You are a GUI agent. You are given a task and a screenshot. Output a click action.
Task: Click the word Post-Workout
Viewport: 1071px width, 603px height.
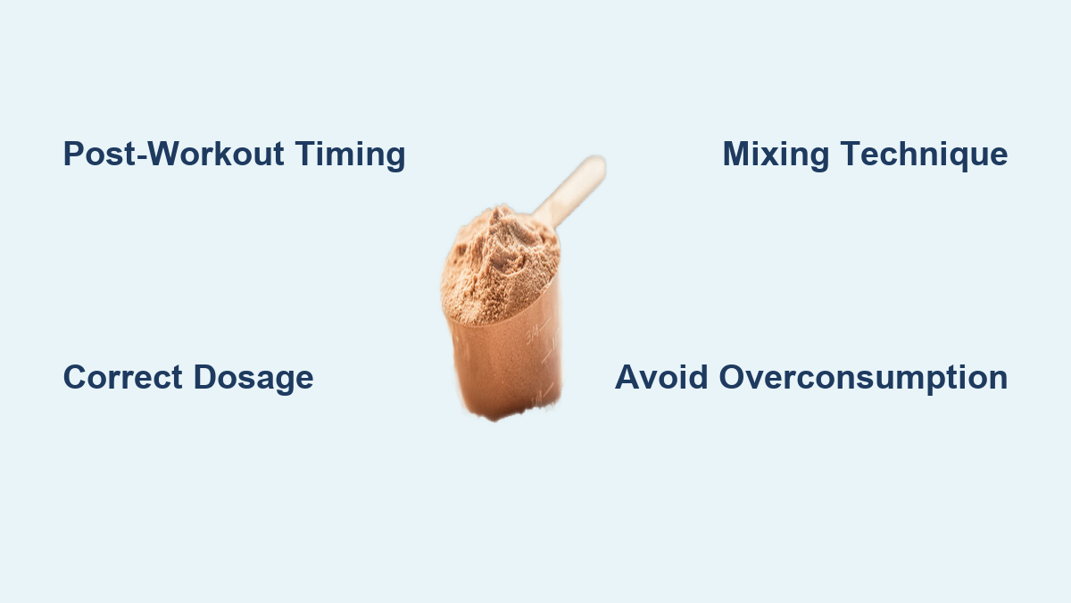173,154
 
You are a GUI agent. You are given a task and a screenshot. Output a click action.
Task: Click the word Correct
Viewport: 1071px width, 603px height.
123,377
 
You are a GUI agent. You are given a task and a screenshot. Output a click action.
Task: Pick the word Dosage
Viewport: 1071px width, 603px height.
253,379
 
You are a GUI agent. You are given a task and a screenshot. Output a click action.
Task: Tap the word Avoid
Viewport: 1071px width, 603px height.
661,377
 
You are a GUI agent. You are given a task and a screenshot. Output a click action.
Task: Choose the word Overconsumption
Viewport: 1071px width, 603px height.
864,379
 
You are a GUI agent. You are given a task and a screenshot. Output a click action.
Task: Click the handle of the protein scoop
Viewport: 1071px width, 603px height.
570,190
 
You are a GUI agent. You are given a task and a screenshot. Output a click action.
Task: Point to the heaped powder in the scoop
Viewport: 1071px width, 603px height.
499,265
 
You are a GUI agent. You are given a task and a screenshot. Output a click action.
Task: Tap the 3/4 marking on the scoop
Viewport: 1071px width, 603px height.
532,334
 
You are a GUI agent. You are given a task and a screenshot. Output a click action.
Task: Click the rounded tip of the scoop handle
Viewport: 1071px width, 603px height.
596,163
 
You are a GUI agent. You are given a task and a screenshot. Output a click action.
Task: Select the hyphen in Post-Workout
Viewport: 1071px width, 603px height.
142,156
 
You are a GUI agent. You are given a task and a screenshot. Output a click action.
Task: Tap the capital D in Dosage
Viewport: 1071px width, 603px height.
205,377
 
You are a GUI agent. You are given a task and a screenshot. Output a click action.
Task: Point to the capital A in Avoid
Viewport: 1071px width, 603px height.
628,377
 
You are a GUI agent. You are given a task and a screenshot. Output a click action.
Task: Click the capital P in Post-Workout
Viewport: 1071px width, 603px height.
74,154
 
